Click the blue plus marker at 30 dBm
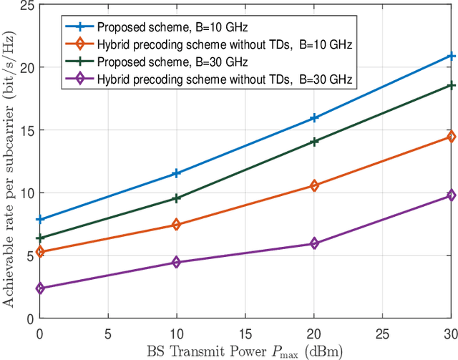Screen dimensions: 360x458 451,56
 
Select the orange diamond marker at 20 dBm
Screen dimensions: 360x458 313,186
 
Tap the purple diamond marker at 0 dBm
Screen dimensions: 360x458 39,288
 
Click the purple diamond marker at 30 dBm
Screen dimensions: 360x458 451,195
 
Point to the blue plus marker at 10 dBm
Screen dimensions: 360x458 176,173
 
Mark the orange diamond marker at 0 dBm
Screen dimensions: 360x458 39,252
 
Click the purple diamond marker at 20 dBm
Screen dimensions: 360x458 313,244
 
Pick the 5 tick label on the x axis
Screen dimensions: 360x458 107,333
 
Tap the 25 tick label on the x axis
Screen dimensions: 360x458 382,333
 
